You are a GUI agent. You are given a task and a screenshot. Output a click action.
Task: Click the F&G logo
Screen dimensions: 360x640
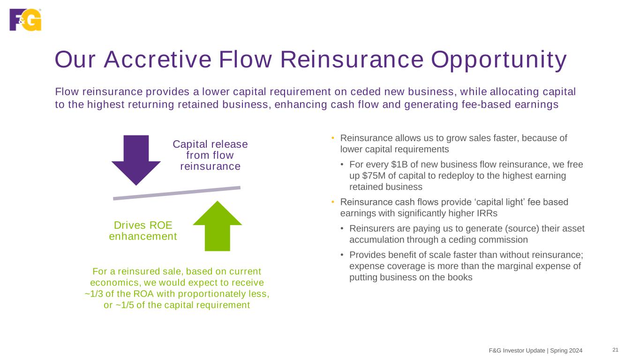pos(25,20)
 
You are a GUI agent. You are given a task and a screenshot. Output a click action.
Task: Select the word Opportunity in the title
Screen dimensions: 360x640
pos(498,60)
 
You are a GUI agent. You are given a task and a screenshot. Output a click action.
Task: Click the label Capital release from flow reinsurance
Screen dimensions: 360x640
pos(210,155)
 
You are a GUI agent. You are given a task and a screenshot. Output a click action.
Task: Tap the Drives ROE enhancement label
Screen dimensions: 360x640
pos(143,231)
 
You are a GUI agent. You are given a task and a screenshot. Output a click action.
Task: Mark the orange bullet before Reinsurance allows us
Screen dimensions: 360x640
pos(332,138)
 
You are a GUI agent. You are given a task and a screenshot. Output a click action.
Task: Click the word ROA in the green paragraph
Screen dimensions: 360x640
pos(141,294)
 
